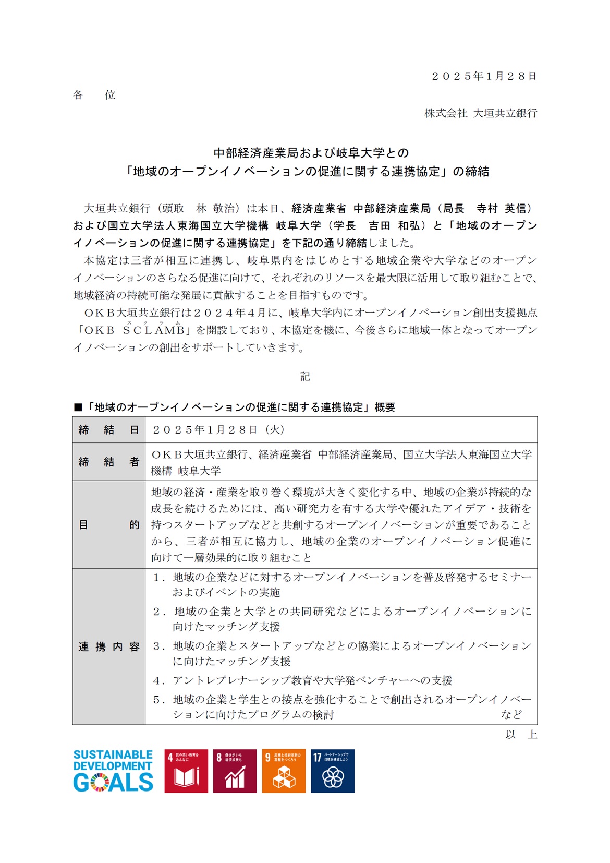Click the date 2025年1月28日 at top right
coord(484,76)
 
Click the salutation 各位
coord(94,95)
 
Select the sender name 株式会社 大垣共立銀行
coord(480,113)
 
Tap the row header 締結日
coord(108,430)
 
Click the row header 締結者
coord(108,462)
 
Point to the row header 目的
coord(108,524)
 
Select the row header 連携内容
coord(108,647)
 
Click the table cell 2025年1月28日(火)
coord(218,430)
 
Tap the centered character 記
coord(305,377)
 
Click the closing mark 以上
coord(521,735)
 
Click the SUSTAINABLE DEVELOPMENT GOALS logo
coord(113,771)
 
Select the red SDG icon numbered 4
coord(186,771)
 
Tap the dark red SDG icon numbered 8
coord(235,771)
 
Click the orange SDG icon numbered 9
coord(284,771)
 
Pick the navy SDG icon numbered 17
coord(333,771)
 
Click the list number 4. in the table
coord(158,680)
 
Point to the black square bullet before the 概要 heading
coord(78,407)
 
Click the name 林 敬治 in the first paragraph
coord(215,209)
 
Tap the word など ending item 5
coord(511,714)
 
